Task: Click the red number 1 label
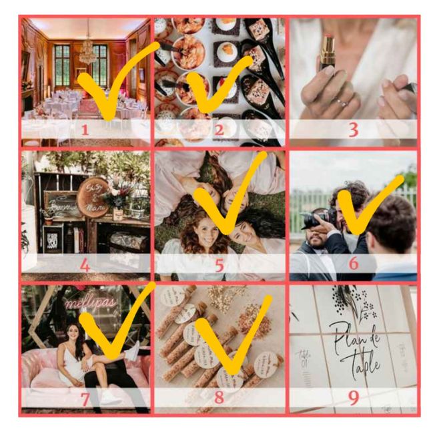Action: (85, 130)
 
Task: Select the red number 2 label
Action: (219, 130)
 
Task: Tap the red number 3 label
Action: (353, 130)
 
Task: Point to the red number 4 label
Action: (85, 265)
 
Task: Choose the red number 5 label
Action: (219, 265)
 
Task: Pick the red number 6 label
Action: (353, 264)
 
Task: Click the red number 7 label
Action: (85, 399)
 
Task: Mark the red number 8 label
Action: (219, 399)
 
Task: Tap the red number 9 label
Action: (353, 398)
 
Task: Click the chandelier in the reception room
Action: (87, 50)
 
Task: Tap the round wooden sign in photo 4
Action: (93, 198)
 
